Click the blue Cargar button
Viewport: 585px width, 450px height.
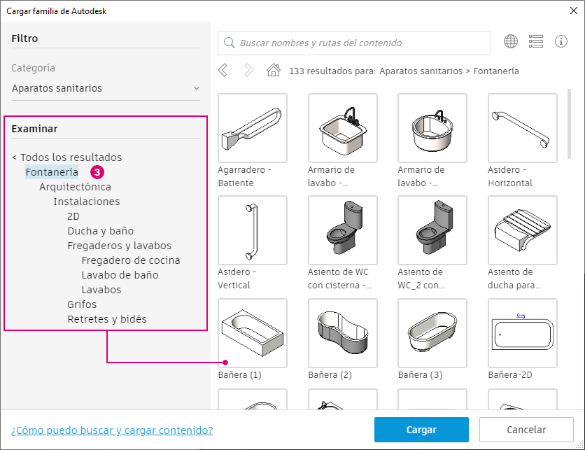(421, 430)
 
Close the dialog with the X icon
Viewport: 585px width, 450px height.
(574, 10)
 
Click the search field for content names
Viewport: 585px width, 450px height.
(355, 43)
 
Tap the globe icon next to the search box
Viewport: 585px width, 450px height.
(511, 41)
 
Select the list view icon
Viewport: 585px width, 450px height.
(536, 41)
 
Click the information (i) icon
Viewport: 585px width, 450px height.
(561, 41)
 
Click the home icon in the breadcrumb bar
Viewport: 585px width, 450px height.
(274, 70)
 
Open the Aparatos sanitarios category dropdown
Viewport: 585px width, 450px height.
(106, 88)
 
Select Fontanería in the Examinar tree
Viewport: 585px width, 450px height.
(52, 172)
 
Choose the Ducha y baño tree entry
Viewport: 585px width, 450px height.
(101, 231)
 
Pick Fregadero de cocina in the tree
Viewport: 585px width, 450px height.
(131, 260)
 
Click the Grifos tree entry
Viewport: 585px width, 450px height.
(82, 304)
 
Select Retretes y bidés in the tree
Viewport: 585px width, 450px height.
(107, 319)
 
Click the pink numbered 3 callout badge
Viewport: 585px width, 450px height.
(97, 172)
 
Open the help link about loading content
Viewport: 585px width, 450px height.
(112, 430)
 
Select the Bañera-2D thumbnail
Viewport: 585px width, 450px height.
(522, 333)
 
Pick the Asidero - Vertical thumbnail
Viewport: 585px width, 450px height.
(253, 230)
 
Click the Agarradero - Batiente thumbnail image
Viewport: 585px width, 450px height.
(253, 128)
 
